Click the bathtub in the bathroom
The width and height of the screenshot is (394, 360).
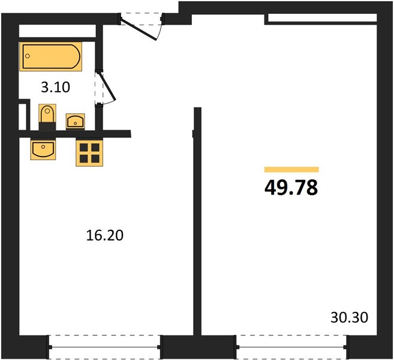[51, 56]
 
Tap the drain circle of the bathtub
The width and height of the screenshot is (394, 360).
[28, 56]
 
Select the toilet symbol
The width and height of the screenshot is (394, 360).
[47, 117]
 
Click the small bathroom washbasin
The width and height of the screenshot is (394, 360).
[76, 122]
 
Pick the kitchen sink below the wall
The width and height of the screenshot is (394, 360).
[43, 149]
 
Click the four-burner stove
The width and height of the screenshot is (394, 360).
[89, 153]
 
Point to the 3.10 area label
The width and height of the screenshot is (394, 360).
[56, 88]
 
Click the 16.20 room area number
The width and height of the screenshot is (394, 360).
[105, 236]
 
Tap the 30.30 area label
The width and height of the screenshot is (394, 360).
[349, 317]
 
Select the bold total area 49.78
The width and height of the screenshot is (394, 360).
[291, 188]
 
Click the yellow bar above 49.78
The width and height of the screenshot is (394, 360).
[291, 169]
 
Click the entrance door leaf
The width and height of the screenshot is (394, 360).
[139, 29]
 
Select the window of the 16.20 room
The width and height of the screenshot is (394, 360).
[105, 347]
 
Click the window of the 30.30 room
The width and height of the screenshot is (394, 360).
[291, 347]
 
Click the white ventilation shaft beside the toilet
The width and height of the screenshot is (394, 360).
[22, 116]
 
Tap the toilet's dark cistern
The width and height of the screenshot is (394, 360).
[47, 127]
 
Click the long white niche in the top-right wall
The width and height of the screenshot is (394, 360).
[323, 17]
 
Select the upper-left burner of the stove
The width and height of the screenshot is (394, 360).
[84, 148]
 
